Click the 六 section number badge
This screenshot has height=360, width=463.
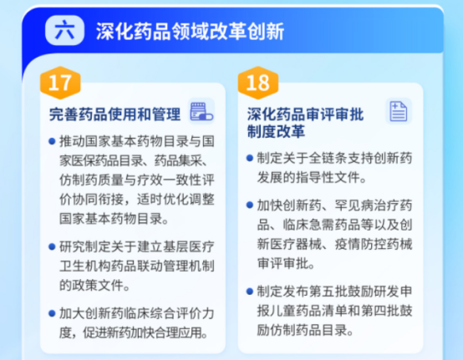pos(64,30)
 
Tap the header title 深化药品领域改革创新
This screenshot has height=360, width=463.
pos(190,31)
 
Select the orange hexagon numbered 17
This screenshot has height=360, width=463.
pos(60,83)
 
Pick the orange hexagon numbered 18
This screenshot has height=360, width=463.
pos(258,83)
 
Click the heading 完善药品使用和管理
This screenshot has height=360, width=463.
pos(114,114)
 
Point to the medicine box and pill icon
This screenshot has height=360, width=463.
pos(201,111)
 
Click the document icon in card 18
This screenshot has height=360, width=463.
pos(399,111)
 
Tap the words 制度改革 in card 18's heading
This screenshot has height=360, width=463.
pos(276,131)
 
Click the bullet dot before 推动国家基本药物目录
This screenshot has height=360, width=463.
pos(52,141)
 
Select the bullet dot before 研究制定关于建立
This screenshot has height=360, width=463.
pos(52,246)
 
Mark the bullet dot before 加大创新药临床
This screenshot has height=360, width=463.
pos(52,313)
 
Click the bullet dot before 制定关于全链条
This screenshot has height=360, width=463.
pos(250,158)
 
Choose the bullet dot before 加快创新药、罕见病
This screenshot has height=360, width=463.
pos(250,205)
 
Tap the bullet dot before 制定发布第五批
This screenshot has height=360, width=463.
pos(250,292)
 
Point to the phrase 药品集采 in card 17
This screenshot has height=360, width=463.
pos(181,161)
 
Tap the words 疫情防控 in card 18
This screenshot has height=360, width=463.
pos(360,245)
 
